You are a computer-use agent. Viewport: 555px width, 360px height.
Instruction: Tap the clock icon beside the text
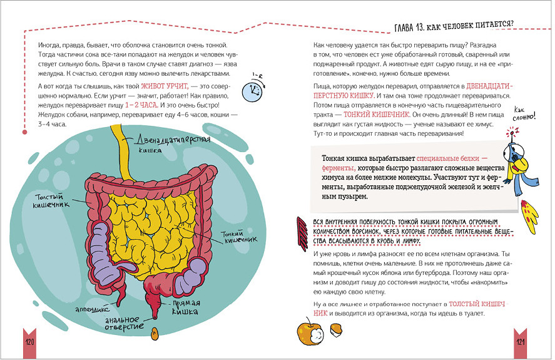[253, 90]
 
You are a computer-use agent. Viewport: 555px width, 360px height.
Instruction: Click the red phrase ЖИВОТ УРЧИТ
[164, 85]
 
